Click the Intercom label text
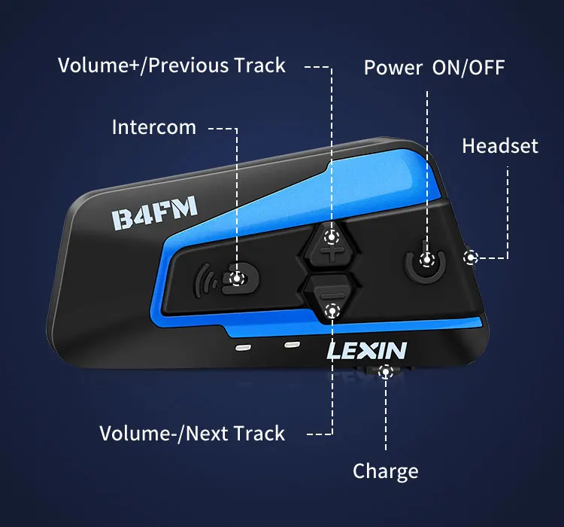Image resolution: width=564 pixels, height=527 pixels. click(x=153, y=126)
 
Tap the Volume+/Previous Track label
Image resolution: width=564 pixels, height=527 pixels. click(x=171, y=65)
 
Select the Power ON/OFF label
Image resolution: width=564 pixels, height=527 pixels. click(x=434, y=67)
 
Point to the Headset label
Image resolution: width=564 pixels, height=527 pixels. click(x=500, y=145)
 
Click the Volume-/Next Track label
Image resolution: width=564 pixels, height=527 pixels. click(x=192, y=433)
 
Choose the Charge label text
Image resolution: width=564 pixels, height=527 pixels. click(x=385, y=472)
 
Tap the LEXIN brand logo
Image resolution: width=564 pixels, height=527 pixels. click(x=366, y=350)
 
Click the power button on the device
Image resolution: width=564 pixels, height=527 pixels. click(x=427, y=260)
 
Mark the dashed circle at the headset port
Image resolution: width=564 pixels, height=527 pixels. click(x=471, y=257)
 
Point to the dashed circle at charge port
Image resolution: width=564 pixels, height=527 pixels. click(x=387, y=370)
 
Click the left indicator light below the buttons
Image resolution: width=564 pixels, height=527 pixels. click(x=243, y=349)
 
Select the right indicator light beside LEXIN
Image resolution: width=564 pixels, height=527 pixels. click(x=291, y=345)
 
